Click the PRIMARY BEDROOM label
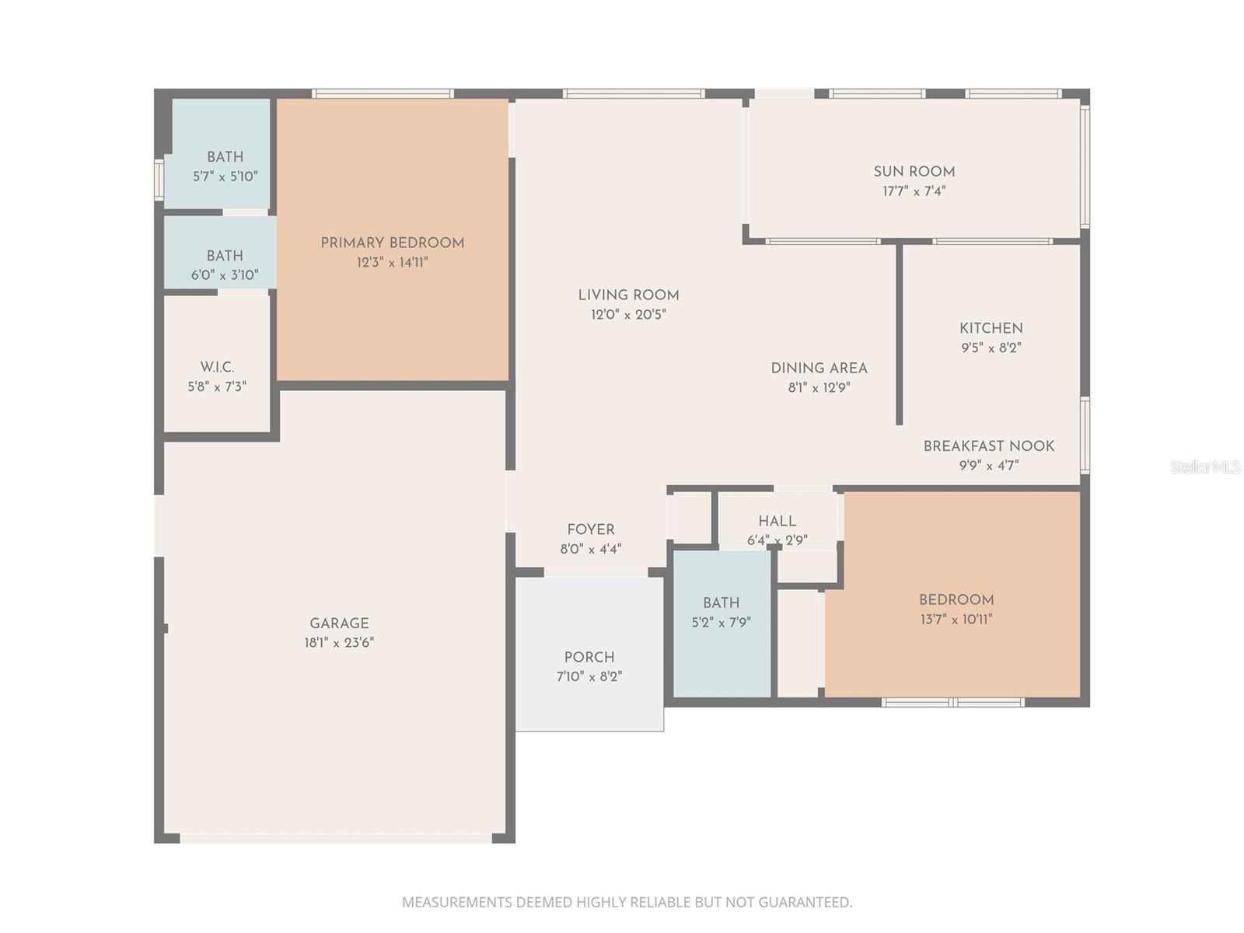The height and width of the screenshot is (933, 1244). [392, 243]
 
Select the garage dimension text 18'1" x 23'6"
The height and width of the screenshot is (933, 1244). [339, 643]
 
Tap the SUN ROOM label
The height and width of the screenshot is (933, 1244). [914, 172]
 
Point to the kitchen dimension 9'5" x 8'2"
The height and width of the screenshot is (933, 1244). [991, 348]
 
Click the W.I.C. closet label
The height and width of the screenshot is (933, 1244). [217, 367]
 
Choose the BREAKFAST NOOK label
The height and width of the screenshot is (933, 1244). [988, 446]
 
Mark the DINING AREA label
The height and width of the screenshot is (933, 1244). [819, 369]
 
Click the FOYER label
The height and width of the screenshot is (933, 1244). [590, 529]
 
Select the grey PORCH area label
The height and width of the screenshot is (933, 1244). [589, 657]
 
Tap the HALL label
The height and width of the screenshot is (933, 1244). [777, 521]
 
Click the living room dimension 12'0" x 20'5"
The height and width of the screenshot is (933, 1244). [628, 315]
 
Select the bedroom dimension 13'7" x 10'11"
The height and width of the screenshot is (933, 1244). [956, 620]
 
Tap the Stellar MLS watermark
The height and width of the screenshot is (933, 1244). [1205, 466]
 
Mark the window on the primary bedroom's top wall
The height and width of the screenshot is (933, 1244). [383, 94]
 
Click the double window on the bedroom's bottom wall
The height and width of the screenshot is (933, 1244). [953, 703]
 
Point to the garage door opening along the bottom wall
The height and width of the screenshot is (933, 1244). [336, 838]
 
